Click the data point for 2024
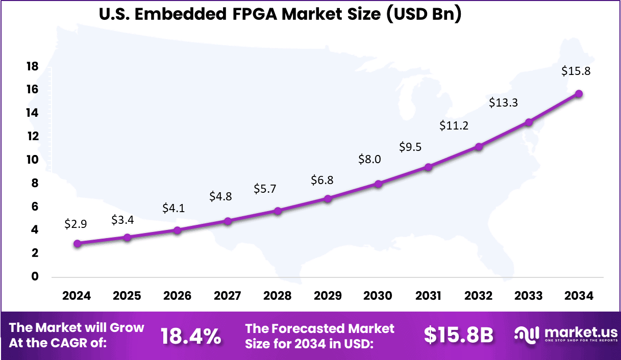click(x=77, y=244)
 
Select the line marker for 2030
click(x=378, y=184)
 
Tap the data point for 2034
click(x=579, y=94)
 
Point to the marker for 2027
click(x=228, y=221)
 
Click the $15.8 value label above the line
click(x=576, y=71)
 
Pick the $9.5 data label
click(x=410, y=148)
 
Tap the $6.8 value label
click(x=322, y=180)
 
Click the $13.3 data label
click(x=503, y=102)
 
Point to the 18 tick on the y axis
click(x=32, y=66)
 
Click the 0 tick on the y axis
click(x=35, y=277)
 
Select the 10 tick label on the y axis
click(x=32, y=160)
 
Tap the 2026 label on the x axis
click(x=177, y=296)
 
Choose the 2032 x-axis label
click(x=479, y=296)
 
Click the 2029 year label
click(x=328, y=296)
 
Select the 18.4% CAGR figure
click(x=191, y=336)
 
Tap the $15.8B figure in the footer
click(x=459, y=335)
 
